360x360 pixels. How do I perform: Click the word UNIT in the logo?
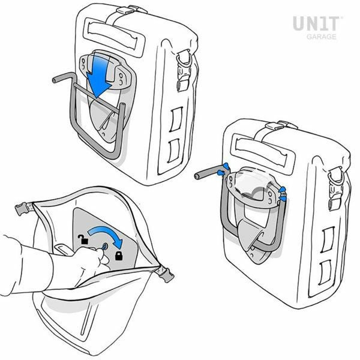point(316,23)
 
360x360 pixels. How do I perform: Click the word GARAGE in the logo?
point(322,37)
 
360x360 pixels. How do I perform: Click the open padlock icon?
point(83,239)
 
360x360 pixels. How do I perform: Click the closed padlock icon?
point(119,256)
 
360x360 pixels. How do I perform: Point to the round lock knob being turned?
point(104,247)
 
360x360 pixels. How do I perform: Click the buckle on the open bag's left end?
point(22,208)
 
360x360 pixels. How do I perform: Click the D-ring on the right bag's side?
point(335,176)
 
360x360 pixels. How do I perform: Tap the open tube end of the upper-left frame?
point(55,80)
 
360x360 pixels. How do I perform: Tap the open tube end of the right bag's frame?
point(197,176)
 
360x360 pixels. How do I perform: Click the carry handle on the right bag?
point(262,151)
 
